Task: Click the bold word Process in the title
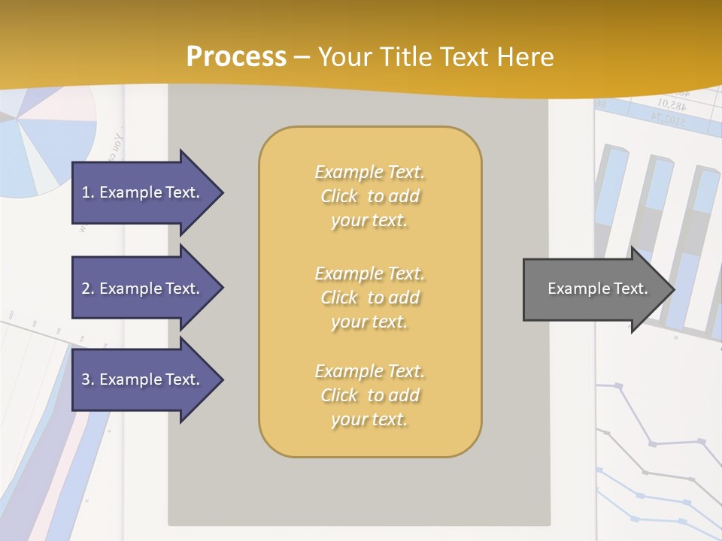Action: [x=236, y=57]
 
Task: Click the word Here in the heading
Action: [x=523, y=57]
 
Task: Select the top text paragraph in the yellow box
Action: [x=369, y=196]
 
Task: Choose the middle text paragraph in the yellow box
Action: [x=369, y=298]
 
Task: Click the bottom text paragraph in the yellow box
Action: [x=369, y=395]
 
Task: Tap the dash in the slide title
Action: [x=302, y=57]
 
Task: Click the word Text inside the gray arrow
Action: [x=631, y=289]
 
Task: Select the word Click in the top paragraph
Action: [x=339, y=196]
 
